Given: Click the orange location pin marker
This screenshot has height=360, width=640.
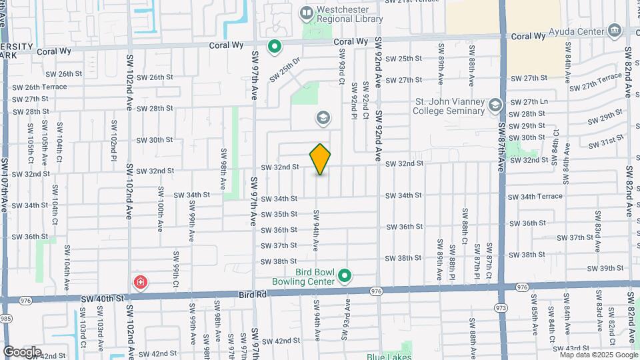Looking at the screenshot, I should [x=321, y=159].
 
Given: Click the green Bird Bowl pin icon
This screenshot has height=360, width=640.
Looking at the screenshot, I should [x=345, y=275].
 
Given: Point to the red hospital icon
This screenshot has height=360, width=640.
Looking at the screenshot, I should [x=140, y=282].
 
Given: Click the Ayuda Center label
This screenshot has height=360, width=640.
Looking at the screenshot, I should [x=576, y=31].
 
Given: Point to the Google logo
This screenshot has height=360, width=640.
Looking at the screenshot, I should [x=22, y=351].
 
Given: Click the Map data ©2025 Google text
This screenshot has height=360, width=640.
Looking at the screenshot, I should [x=599, y=355].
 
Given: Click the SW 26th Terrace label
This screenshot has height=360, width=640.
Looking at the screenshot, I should [x=40, y=87].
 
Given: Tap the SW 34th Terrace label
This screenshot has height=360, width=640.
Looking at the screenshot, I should [x=535, y=197].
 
